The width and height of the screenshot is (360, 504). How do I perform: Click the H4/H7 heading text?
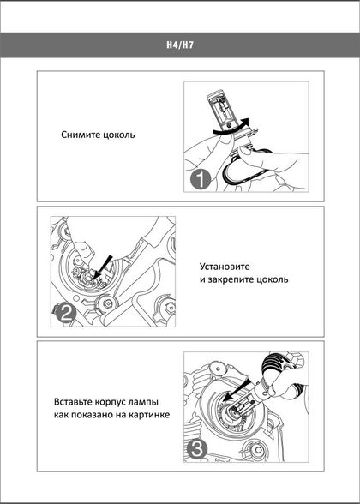pos(180,45)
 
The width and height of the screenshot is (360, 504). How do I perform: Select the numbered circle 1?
pos(200,180)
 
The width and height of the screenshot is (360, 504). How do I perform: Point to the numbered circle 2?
pos(65,314)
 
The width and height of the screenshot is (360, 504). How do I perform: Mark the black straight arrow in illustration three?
pos(237,390)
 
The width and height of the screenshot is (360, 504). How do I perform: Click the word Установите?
pos(225,267)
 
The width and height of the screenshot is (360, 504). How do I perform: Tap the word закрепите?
pos(231,279)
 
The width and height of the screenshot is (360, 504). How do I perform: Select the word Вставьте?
pos(73,402)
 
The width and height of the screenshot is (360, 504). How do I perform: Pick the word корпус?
pos(111,403)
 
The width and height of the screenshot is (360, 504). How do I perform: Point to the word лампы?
pos(143,403)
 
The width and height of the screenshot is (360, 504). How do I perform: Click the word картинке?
pos(149,415)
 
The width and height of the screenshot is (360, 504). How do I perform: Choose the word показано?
pos(91,415)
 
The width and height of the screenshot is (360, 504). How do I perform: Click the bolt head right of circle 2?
pos(106,303)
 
